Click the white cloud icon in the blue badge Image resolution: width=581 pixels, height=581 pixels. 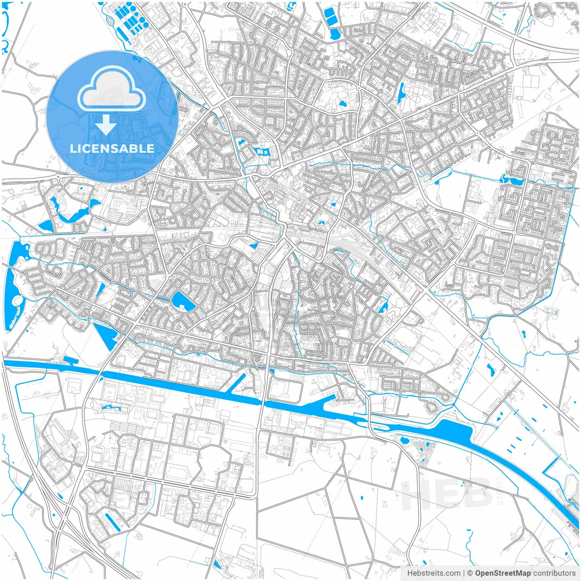112,89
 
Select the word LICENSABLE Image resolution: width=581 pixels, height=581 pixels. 112,148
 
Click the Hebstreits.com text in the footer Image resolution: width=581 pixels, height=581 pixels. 433,573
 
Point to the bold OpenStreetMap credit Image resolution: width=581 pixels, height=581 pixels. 502,573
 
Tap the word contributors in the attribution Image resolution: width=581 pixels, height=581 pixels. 554,573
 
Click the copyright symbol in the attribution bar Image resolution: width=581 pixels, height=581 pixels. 470,573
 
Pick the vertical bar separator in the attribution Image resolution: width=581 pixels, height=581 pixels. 464,573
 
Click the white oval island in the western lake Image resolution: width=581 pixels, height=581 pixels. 17,300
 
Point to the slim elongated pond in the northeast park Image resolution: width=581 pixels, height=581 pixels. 401,94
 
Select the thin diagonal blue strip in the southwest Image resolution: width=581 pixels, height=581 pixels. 112,522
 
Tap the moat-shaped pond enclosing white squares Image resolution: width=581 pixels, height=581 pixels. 262,152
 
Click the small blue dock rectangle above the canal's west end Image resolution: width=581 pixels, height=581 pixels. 71,361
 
